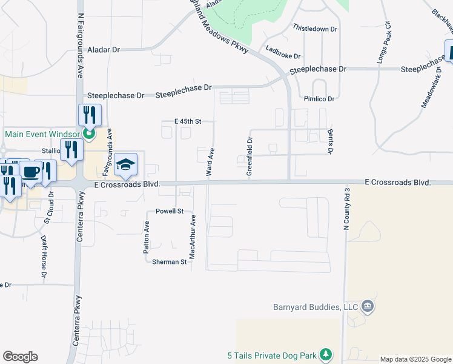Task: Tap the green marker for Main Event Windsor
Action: pyautogui.click(x=89, y=134)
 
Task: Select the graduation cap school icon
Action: pyautogui.click(x=126, y=164)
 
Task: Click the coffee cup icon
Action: pyautogui.click(x=30, y=172)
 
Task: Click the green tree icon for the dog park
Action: pyautogui.click(x=326, y=354)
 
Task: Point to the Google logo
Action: pyautogui.click(x=20, y=357)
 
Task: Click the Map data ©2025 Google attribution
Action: pyautogui.click(x=415, y=359)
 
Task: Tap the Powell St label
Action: pyautogui.click(x=170, y=211)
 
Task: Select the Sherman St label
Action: pyautogui.click(x=169, y=261)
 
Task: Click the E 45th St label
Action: pyautogui.click(x=187, y=121)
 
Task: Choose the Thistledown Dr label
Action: pyautogui.click(x=314, y=29)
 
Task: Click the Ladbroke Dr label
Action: pyautogui.click(x=283, y=56)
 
